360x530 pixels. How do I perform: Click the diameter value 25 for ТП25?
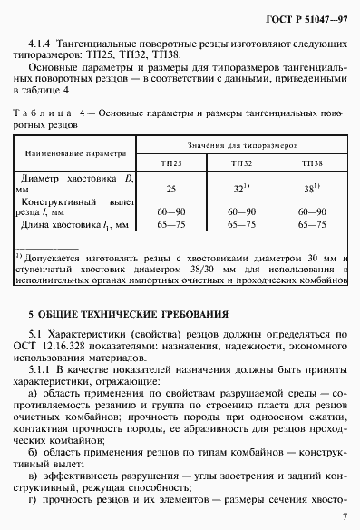tap(170, 189)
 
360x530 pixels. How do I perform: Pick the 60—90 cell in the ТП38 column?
tap(311, 209)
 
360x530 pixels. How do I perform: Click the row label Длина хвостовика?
tap(64, 222)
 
